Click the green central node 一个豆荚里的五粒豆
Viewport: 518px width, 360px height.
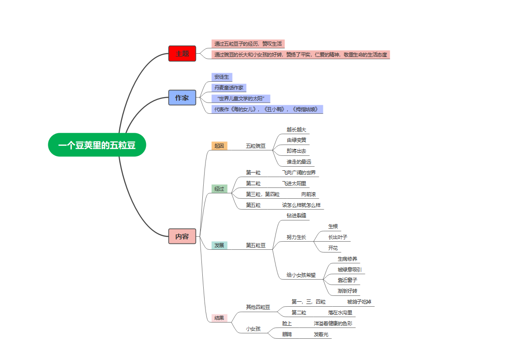97,145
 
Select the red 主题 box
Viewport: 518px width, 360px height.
182,53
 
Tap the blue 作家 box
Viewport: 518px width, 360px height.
182,98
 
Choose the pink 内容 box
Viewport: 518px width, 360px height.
182,236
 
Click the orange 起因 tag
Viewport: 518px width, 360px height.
219,146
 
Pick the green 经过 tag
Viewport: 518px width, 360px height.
219,189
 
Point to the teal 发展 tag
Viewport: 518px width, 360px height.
219,245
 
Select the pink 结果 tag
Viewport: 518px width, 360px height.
219,318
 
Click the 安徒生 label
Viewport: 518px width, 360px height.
222,77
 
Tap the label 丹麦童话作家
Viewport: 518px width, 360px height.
229,88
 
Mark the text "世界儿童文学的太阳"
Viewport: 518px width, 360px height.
240,98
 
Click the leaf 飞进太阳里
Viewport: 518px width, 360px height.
294,183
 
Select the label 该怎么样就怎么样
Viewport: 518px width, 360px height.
301,205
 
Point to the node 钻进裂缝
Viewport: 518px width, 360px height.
296,215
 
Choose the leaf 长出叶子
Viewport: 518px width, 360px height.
337,237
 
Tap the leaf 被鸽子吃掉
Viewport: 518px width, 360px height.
359,302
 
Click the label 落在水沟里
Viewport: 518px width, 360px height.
340,313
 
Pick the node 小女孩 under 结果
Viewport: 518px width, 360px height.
253,329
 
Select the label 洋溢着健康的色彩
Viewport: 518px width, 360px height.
333,323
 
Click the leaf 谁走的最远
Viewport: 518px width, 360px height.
299,162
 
